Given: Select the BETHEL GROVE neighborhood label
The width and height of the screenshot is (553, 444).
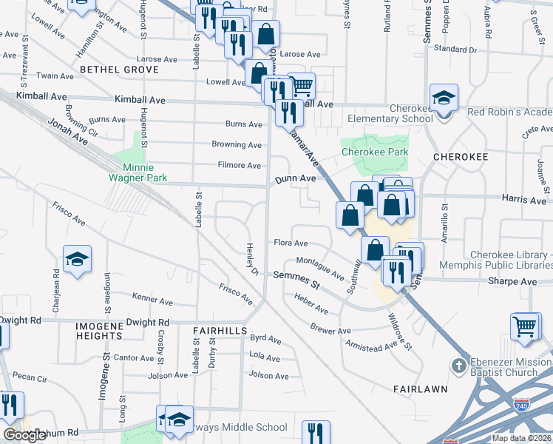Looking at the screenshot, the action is tap(120, 70).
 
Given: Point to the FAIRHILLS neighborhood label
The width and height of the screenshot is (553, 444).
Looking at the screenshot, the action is tap(219, 330).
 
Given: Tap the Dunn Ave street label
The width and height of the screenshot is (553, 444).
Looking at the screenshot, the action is tap(296, 179).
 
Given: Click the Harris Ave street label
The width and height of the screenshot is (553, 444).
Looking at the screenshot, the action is tap(523, 200).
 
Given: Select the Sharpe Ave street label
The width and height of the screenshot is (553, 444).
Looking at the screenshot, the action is tap(512, 282).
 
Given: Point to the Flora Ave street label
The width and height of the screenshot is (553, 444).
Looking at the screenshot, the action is tap(291, 243).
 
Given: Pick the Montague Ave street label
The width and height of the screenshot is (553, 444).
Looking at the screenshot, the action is tap(320, 267).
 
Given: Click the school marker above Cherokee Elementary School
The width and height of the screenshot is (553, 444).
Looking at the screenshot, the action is tap(444, 98).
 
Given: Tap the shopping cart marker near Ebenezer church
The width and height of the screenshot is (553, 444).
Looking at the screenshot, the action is tap(525, 325).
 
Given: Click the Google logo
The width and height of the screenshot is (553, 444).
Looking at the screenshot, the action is tap(25, 435).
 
